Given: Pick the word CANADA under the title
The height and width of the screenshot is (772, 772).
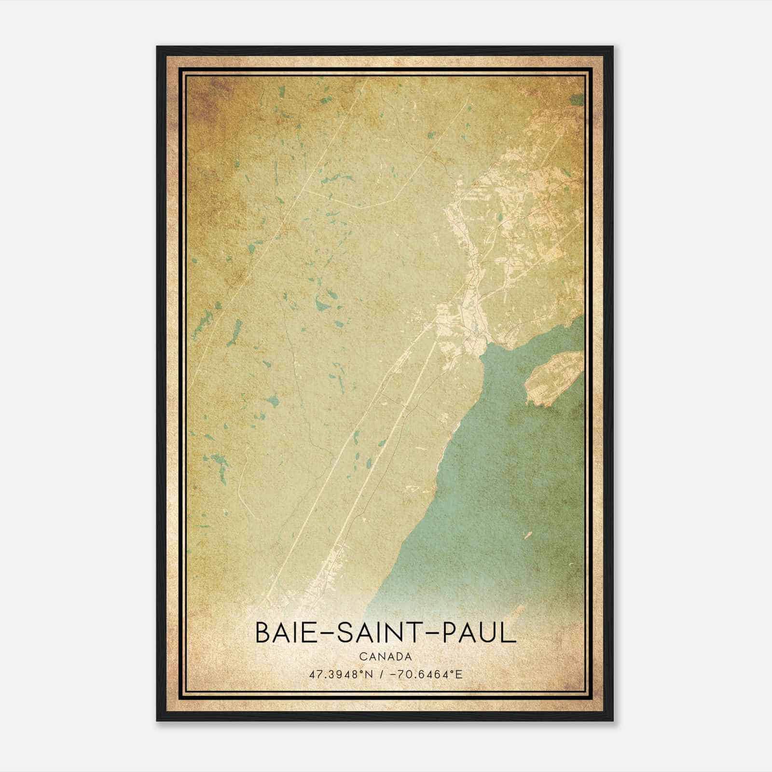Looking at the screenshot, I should (x=386, y=657).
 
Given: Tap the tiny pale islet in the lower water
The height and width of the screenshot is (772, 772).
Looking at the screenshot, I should (x=527, y=534).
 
